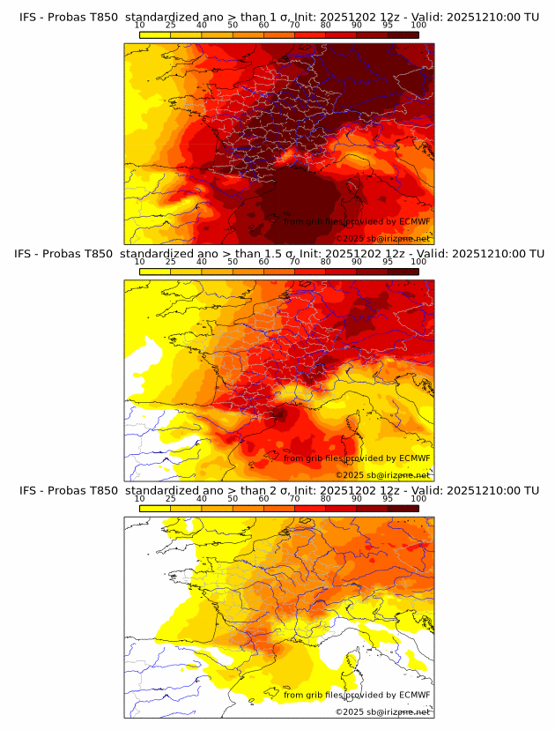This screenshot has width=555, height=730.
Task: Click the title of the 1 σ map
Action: coord(278,17)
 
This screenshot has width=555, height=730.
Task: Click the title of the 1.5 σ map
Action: coord(278,254)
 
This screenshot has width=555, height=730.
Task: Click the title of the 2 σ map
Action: coord(278,490)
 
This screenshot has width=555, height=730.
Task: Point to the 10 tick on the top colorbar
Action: coord(140,25)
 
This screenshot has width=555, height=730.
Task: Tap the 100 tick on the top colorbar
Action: coord(418,25)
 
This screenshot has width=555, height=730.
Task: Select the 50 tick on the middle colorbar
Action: coord(233,262)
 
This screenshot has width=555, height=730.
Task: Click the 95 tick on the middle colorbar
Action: coord(388,262)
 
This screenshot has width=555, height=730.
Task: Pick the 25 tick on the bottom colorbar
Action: coord(171,498)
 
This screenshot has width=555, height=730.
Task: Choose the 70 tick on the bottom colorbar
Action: coord(294,498)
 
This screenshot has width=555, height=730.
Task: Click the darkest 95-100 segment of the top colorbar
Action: coord(403,34)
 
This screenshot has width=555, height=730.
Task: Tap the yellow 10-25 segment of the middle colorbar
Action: coord(155,271)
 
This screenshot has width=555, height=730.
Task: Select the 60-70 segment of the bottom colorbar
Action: coord(279,507)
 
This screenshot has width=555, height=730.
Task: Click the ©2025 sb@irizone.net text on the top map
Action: coord(382,238)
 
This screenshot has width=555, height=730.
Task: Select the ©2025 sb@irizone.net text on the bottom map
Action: coord(382,711)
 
